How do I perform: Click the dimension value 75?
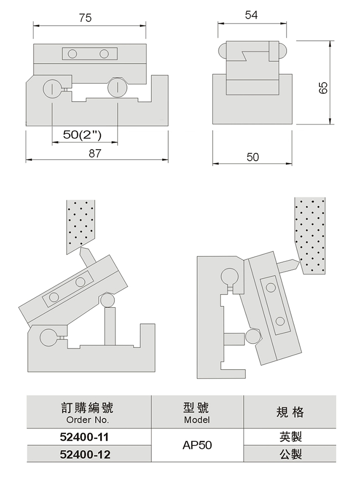(x=85, y=18)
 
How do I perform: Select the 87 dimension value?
(x=95, y=153)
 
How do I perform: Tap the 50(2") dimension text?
(x=82, y=135)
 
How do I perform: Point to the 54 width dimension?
(x=252, y=15)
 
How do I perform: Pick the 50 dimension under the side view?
(x=253, y=157)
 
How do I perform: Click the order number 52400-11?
(x=84, y=437)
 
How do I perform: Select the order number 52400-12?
(x=85, y=454)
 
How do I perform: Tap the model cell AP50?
(x=197, y=445)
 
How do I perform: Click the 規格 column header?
(x=290, y=412)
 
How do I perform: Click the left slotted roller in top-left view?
(x=52, y=88)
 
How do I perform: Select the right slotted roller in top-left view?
(x=117, y=88)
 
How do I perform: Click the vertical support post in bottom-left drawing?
(x=110, y=326)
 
